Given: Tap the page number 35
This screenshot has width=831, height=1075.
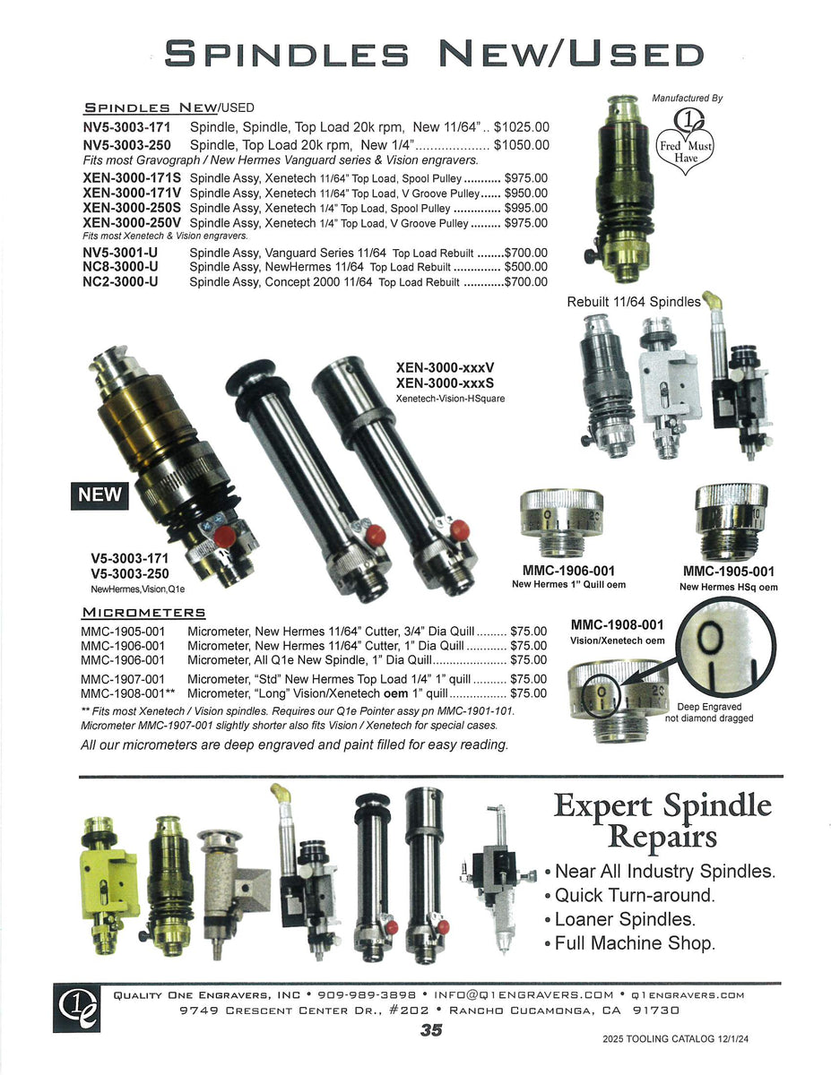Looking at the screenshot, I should pos(431,1030).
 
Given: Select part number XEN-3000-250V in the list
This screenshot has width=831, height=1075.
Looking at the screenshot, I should pos(132,223).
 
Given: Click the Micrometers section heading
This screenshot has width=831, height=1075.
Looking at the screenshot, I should pos(143,613).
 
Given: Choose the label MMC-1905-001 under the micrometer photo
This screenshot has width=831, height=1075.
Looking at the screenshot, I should pos(729,571).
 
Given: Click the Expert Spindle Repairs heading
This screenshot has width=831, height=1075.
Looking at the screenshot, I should pos(662,820).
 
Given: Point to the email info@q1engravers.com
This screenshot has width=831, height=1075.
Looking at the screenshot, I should pos(524,994).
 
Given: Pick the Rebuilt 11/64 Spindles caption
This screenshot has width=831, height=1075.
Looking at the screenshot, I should pos(633,302).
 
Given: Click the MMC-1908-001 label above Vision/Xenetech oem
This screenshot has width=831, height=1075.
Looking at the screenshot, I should pos(617,624).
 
